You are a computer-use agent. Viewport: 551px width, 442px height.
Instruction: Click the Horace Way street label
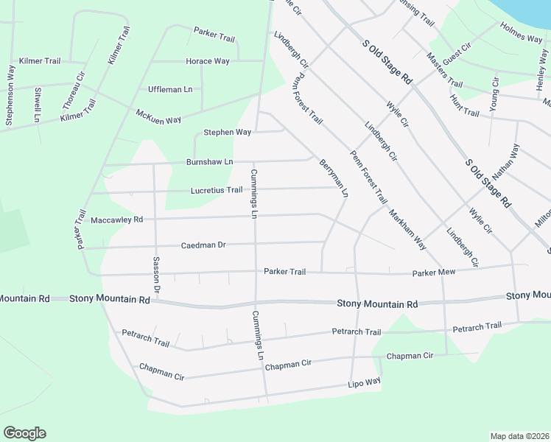tap(208, 61)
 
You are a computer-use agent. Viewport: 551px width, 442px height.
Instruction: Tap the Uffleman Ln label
tap(170, 89)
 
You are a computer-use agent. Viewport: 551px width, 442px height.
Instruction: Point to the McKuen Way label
tap(158, 116)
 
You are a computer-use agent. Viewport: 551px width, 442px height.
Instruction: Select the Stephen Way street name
tap(228, 133)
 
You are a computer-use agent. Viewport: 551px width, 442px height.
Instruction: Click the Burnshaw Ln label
tap(209, 161)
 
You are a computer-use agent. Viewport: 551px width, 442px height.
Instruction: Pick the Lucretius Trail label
tap(217, 190)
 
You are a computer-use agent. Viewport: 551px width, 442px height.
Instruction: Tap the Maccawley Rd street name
tap(116, 220)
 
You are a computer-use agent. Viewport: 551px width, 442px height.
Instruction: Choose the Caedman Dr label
tap(203, 245)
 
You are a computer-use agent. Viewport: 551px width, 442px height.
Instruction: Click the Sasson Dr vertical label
tap(156, 272)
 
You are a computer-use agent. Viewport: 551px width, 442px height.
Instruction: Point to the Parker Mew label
tap(434, 273)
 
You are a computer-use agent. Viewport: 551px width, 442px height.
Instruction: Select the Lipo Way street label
tap(364, 382)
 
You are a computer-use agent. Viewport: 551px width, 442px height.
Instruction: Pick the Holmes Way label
tap(522, 33)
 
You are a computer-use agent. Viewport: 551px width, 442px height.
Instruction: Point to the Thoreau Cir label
tap(77, 85)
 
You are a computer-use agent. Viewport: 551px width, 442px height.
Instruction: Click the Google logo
tap(24, 433)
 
